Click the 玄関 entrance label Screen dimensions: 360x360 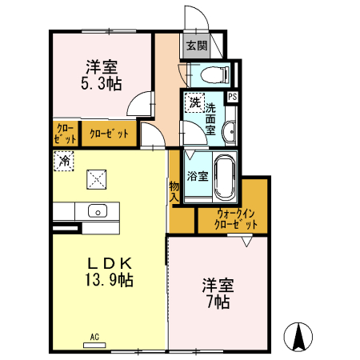(x=196, y=45)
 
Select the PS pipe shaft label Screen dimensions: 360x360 (x=232, y=96)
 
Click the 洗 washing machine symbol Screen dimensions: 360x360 (x=194, y=102)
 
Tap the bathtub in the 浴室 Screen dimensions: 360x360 (x=223, y=177)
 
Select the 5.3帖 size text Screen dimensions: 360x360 (x=102, y=82)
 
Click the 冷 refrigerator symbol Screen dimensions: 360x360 (x=63, y=162)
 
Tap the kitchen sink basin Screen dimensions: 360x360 (x=98, y=212)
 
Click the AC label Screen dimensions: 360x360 (x=94, y=336)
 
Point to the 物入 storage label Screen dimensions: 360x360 (x=174, y=191)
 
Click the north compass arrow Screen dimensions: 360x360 (x=299, y=336)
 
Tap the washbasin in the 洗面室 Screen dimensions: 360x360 (x=229, y=133)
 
